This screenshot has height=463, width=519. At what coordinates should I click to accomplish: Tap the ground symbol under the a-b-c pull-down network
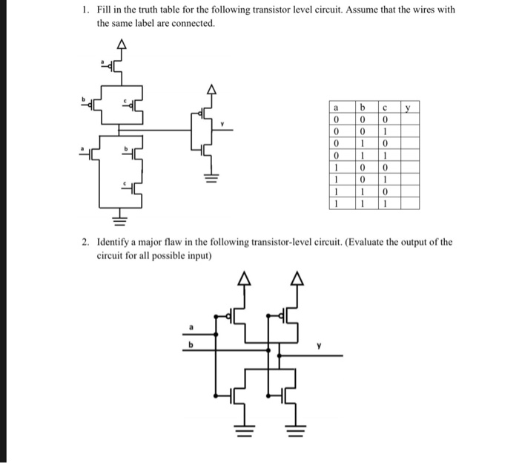tap(116, 220)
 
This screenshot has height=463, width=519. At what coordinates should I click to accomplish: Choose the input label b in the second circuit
tap(191, 344)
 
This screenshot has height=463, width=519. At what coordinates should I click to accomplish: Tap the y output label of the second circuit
tap(320, 347)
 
